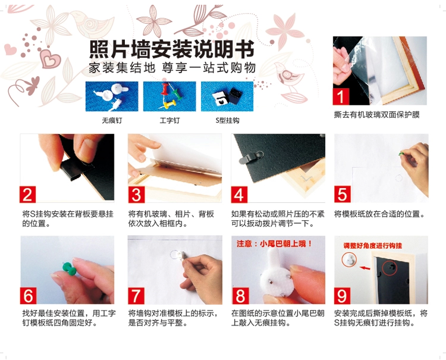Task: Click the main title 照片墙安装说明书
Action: click(x=172, y=49)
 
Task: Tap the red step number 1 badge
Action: click(x=341, y=96)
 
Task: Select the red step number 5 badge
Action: click(x=342, y=195)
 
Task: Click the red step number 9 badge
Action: click(x=342, y=296)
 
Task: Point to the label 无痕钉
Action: click(x=112, y=120)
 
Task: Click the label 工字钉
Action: click(x=169, y=120)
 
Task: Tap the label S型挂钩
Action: click(x=227, y=120)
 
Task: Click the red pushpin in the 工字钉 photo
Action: click(x=165, y=89)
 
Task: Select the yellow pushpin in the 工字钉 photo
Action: click(x=168, y=105)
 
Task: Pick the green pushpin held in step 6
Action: click(x=69, y=269)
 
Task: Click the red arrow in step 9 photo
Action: click(x=365, y=268)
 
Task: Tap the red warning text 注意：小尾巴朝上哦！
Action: click(x=274, y=243)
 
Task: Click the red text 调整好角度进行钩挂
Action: click(x=373, y=246)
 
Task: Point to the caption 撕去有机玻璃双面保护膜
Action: click(x=377, y=115)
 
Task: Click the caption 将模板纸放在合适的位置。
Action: click(x=379, y=214)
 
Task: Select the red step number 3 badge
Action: click(x=137, y=195)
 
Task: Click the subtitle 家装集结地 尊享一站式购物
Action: click(x=172, y=68)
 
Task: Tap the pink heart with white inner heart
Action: click(x=51, y=59)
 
